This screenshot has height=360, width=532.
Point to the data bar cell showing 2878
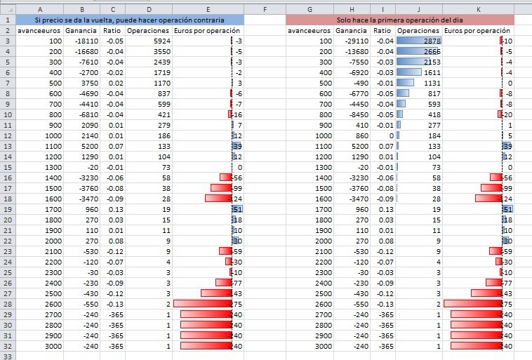(418, 41)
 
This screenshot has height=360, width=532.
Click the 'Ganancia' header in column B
(81, 32)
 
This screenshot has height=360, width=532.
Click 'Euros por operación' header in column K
(478, 32)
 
